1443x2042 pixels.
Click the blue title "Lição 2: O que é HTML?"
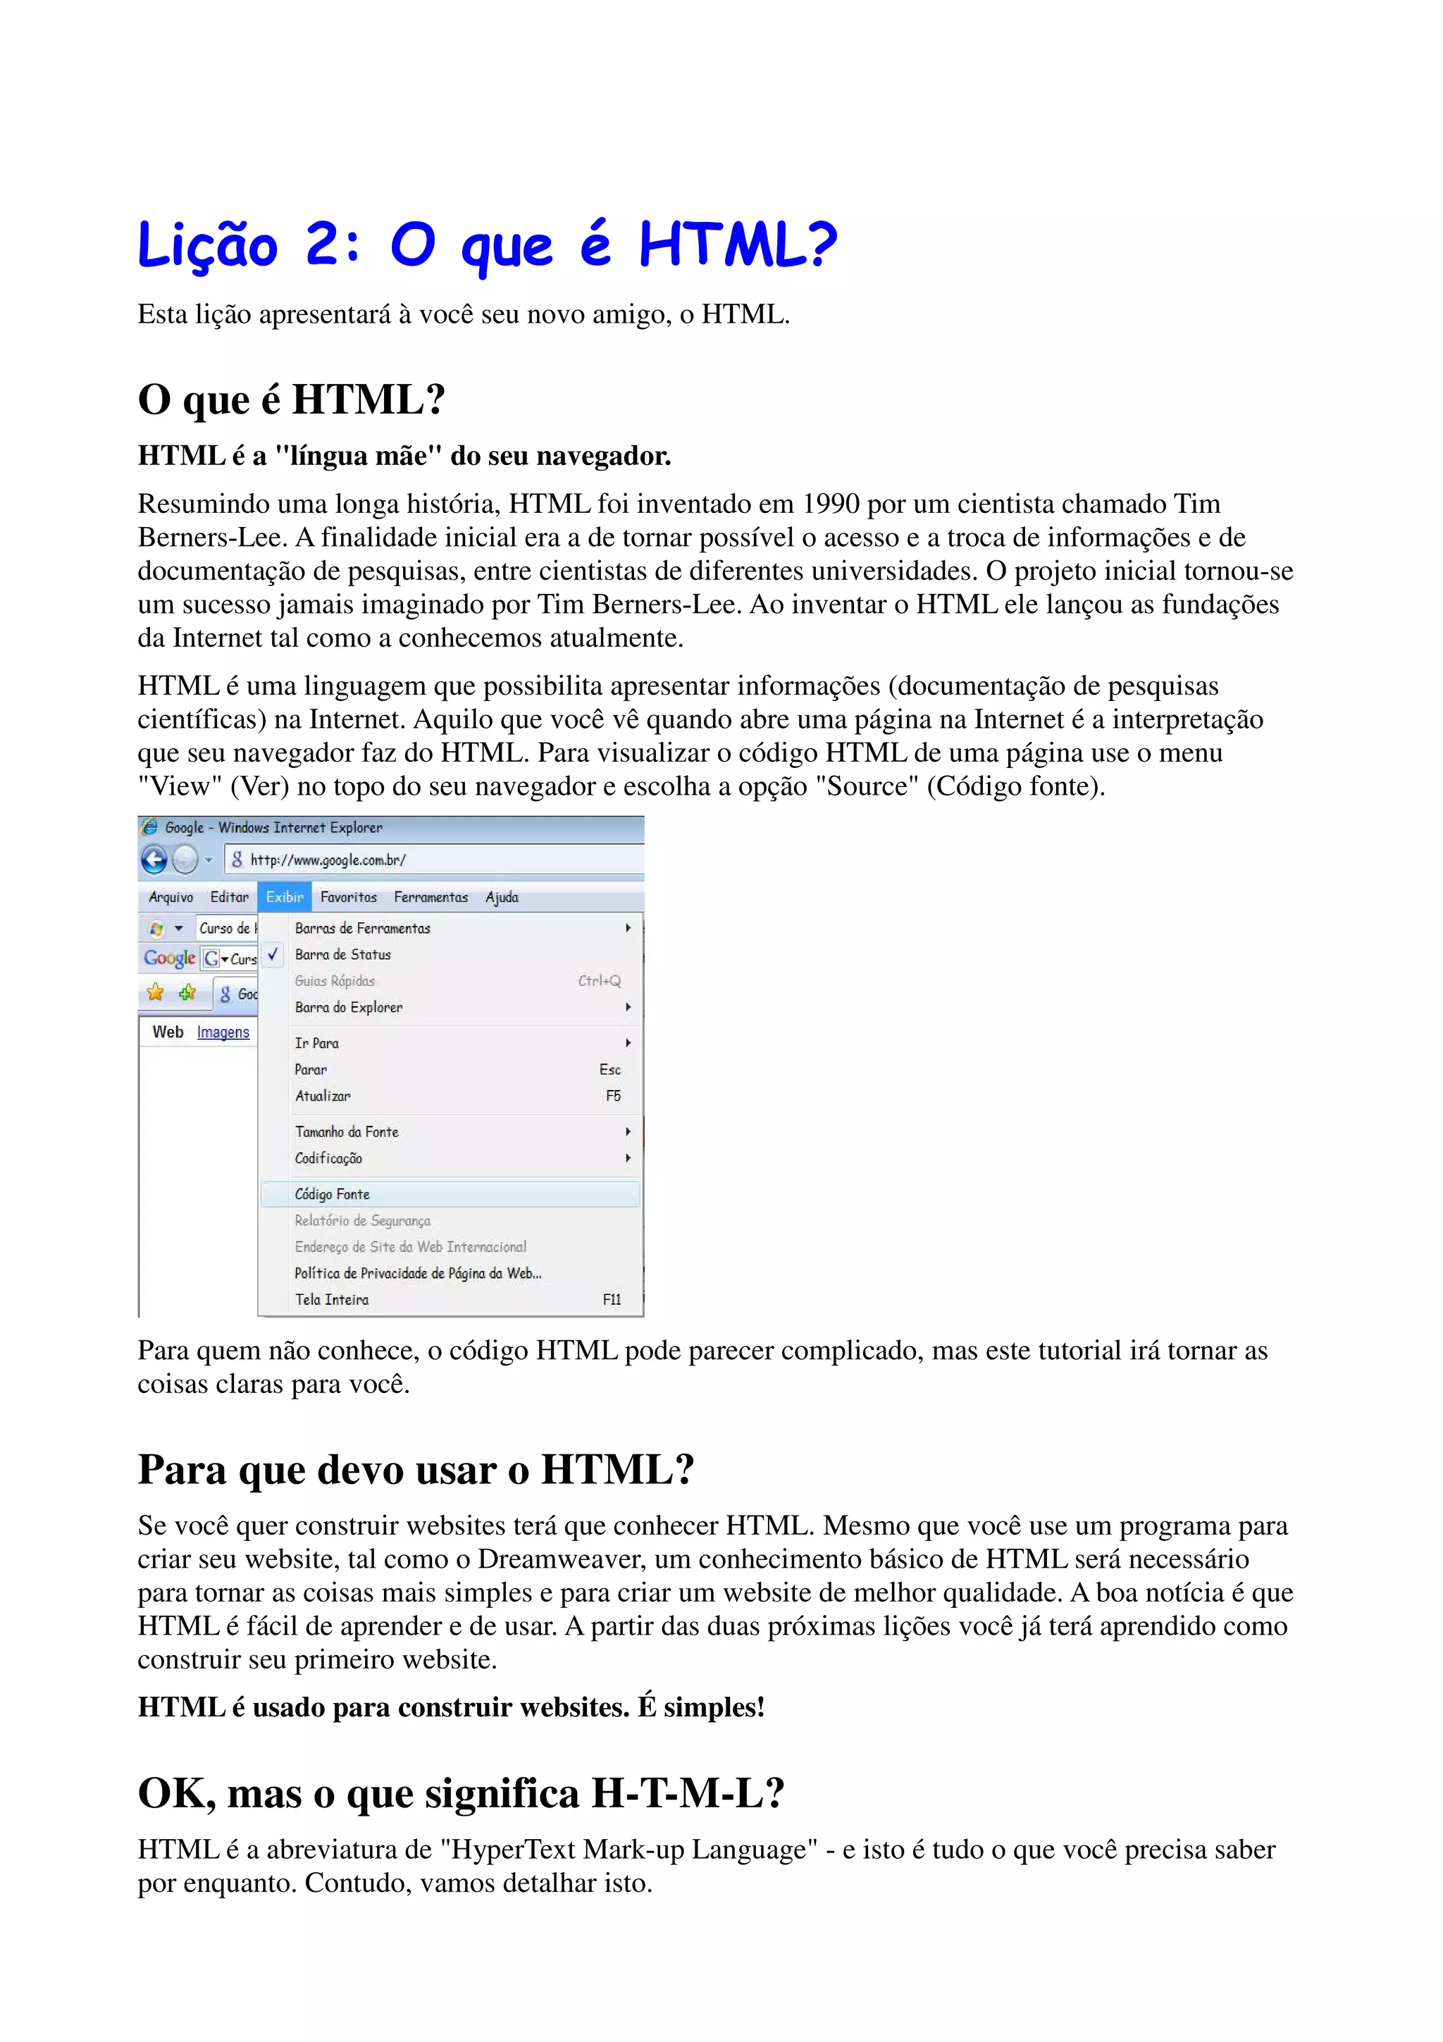click(486, 245)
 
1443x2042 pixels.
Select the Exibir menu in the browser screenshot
click(285, 898)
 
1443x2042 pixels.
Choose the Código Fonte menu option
click(333, 1194)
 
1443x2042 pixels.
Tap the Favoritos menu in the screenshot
click(349, 898)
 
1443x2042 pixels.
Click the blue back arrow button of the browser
click(154, 860)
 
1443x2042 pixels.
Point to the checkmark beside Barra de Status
click(273, 953)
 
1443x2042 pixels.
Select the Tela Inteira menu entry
click(332, 1299)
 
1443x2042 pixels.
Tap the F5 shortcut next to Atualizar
click(614, 1096)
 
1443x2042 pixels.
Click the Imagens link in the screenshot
click(223, 1032)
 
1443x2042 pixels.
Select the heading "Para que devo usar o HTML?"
click(415, 1470)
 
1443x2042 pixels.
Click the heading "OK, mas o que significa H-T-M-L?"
click(461, 1793)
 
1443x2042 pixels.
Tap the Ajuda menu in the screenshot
click(502, 898)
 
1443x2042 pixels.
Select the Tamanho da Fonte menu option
click(347, 1132)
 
